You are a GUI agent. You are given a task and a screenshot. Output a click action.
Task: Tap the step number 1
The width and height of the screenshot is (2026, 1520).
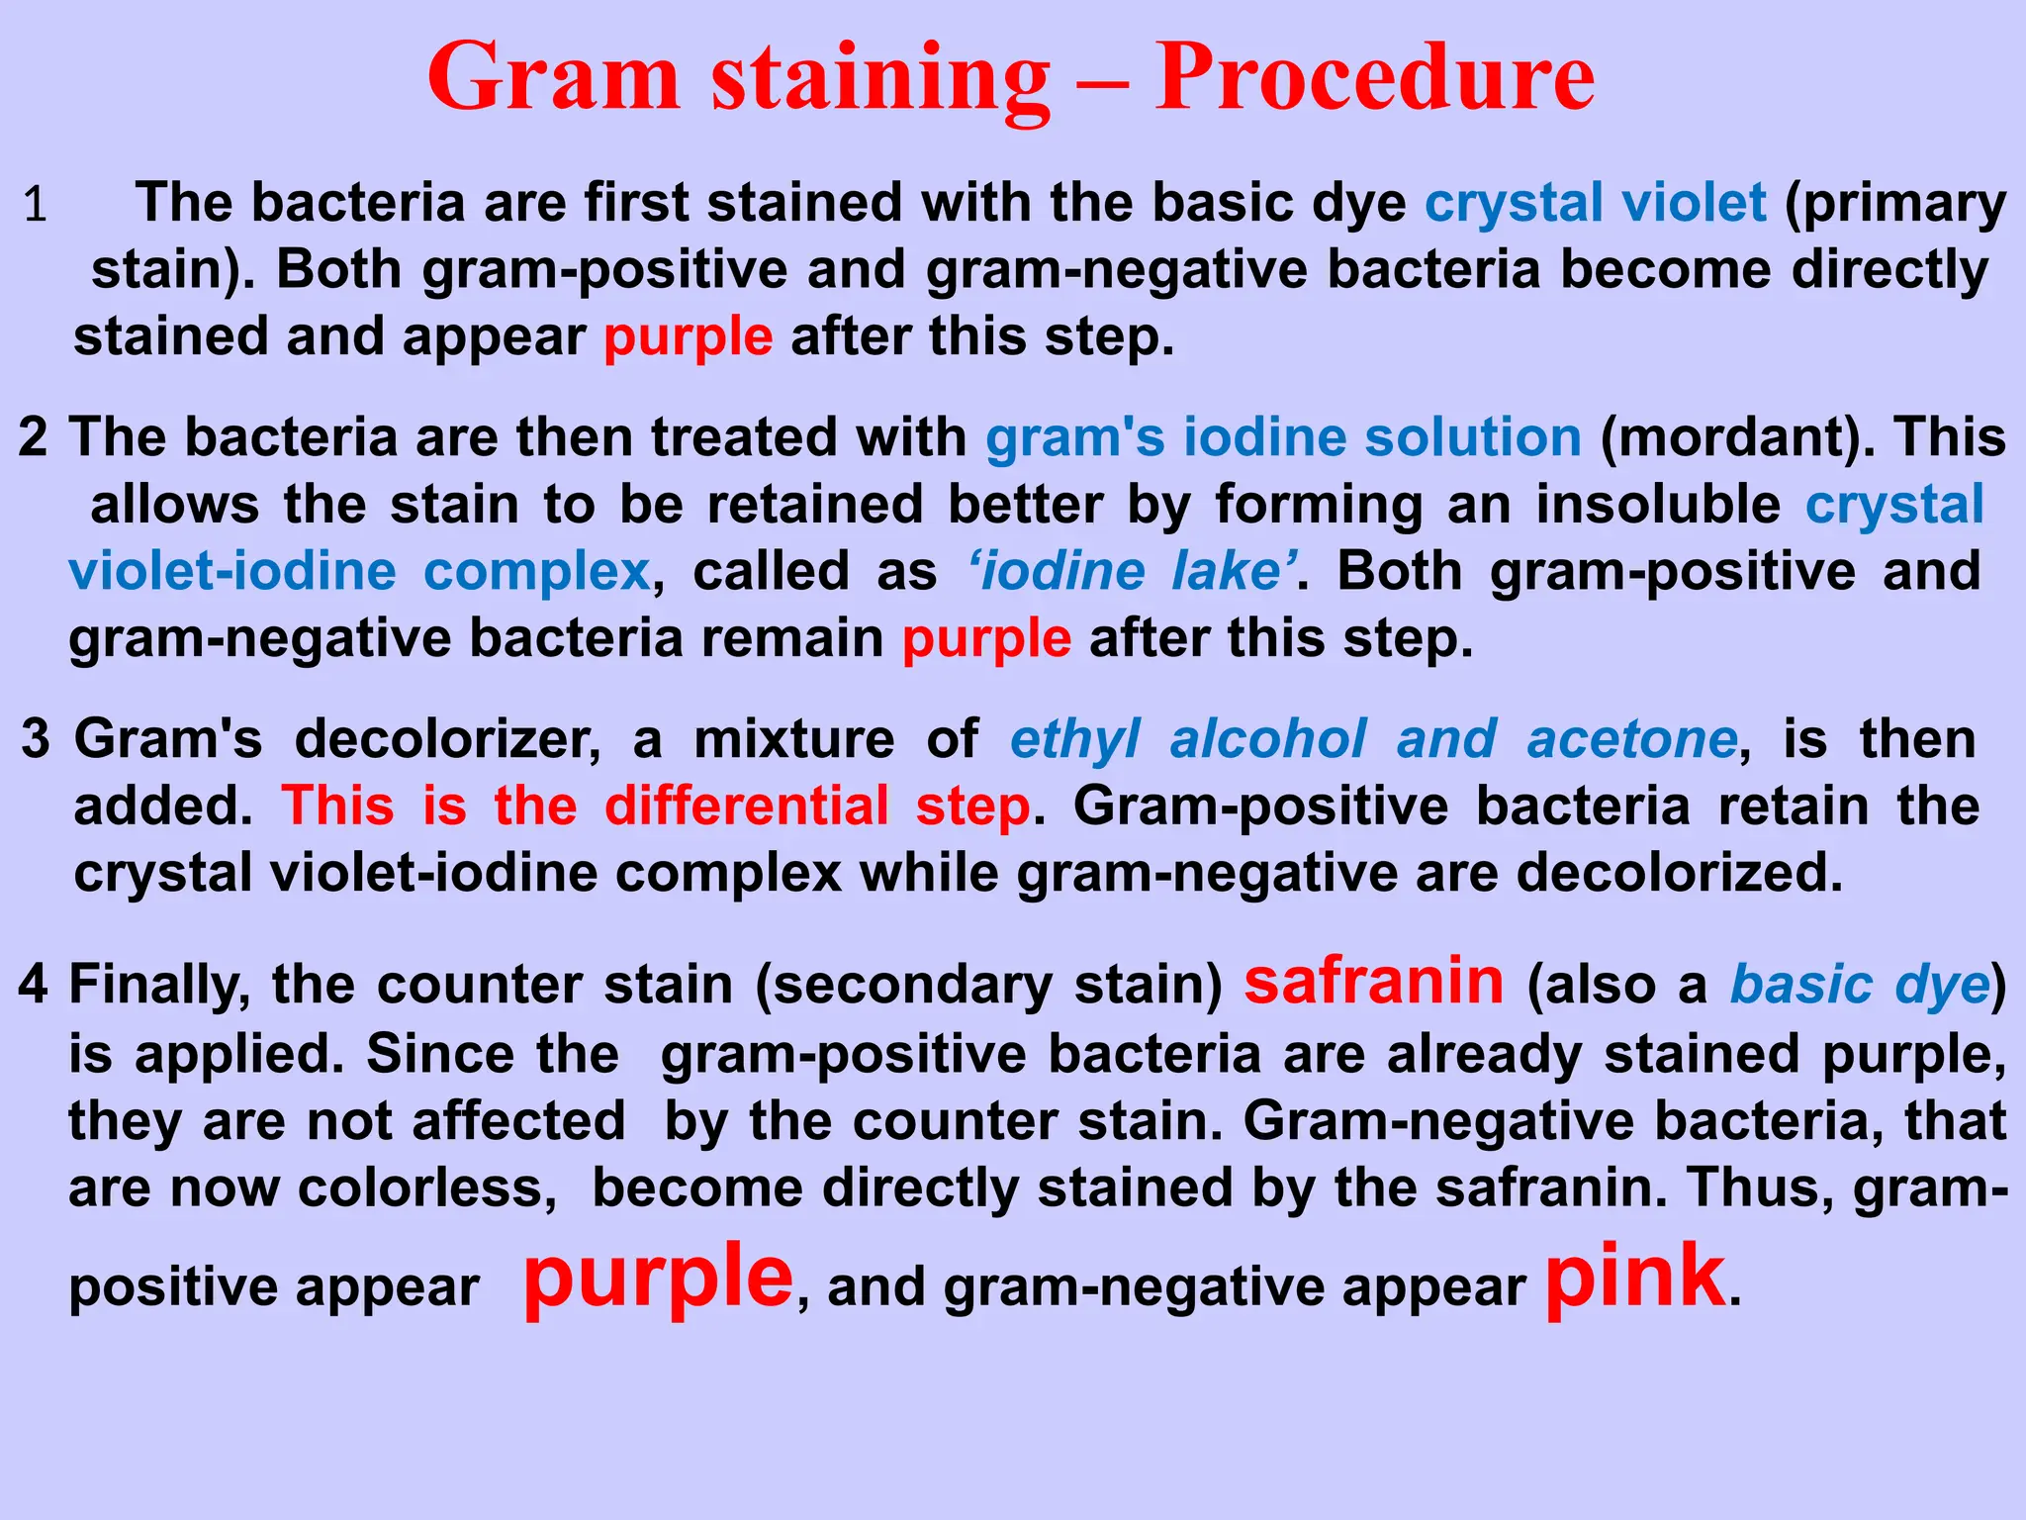[x=36, y=205]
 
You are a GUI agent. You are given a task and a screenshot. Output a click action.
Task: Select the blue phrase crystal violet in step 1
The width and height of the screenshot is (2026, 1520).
[x=1595, y=203]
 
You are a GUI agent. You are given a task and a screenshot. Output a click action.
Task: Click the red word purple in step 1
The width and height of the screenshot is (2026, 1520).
[x=688, y=337]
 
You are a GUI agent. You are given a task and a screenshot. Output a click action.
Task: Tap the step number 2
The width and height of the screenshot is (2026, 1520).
[x=33, y=436]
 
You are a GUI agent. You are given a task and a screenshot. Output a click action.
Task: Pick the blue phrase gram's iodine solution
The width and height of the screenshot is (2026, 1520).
[x=1283, y=437]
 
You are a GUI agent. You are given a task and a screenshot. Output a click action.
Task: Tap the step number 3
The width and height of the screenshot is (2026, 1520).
[x=36, y=739]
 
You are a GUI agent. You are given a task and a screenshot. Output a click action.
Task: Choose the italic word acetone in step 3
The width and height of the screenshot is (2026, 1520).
[x=1632, y=739]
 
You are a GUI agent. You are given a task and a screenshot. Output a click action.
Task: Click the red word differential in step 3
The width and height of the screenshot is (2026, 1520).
[x=747, y=806]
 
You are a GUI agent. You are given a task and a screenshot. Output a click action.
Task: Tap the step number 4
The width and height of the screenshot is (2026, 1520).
[x=33, y=985]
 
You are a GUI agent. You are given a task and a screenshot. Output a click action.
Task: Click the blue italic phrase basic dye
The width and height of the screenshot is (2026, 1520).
[x=1860, y=985]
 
